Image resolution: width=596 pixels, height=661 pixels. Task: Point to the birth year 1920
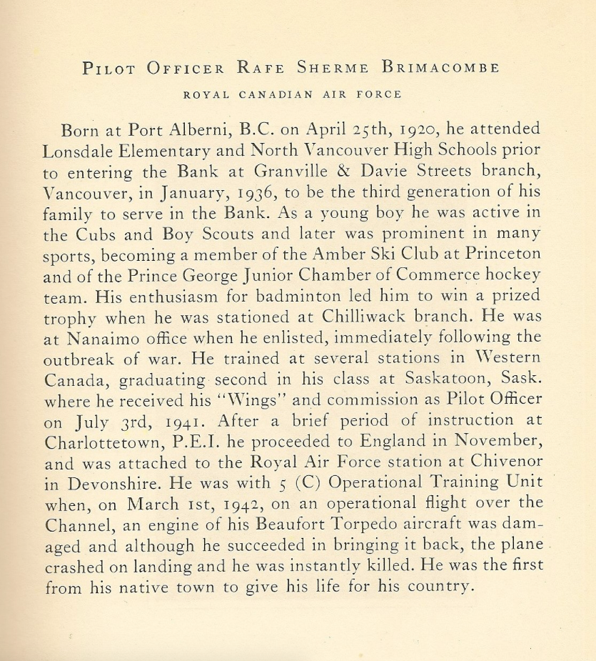(x=420, y=130)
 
